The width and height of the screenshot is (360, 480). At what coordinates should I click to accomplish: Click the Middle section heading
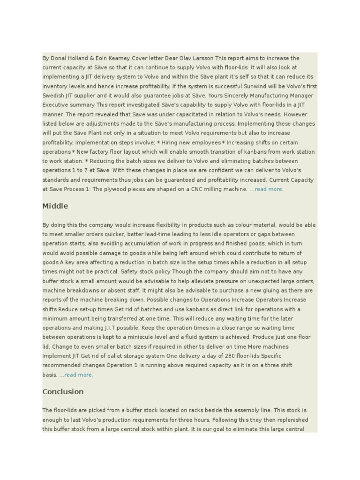point(55,206)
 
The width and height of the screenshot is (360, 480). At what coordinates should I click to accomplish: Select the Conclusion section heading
point(63,392)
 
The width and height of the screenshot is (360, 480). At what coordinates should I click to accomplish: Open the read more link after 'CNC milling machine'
point(266,189)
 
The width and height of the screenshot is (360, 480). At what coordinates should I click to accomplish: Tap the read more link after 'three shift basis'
point(76,375)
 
